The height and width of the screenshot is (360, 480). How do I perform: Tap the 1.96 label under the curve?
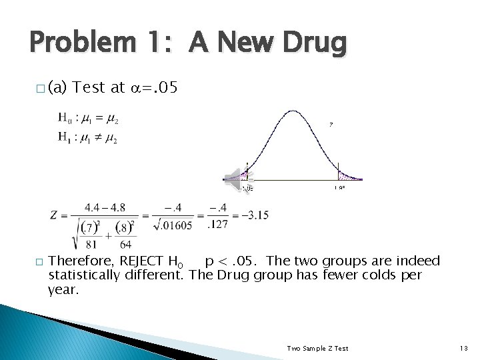pyautogui.click(x=339, y=189)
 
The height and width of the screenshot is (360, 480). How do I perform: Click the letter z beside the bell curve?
pyautogui.click(x=331, y=124)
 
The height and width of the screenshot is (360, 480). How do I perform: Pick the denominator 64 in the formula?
pyautogui.click(x=126, y=244)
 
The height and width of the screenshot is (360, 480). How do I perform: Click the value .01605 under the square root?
pyautogui.click(x=175, y=225)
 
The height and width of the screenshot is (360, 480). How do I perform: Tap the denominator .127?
pyautogui.click(x=217, y=224)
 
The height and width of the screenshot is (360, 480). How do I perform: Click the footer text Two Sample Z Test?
pyautogui.click(x=317, y=348)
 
